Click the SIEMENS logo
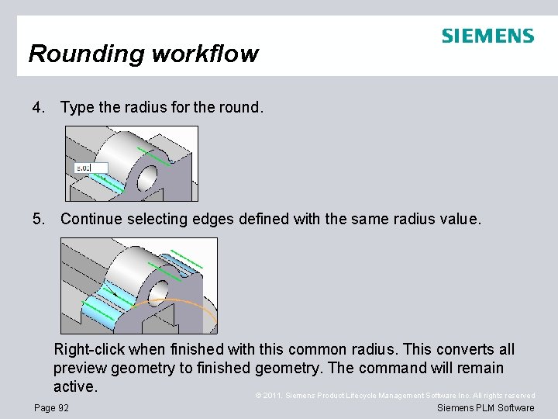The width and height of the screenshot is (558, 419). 487,36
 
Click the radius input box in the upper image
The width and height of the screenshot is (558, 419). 90,168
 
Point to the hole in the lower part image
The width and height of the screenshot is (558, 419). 159,293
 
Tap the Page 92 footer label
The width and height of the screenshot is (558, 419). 52,408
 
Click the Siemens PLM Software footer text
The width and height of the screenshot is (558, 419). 485,408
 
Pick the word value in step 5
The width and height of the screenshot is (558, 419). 459,219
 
